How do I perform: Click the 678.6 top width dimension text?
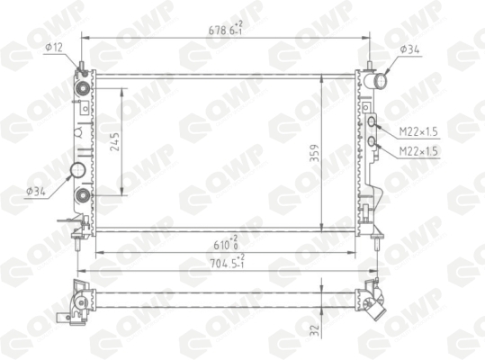[226, 29]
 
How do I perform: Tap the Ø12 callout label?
[54, 48]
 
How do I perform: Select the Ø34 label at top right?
[409, 49]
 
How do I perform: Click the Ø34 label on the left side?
[36, 192]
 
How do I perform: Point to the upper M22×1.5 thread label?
[418, 131]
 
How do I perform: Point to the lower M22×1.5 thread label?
[418, 151]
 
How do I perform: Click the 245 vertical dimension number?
[115, 141]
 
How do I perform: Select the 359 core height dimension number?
[314, 153]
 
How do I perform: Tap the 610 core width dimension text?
[226, 243]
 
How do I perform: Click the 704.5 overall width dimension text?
[228, 262]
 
